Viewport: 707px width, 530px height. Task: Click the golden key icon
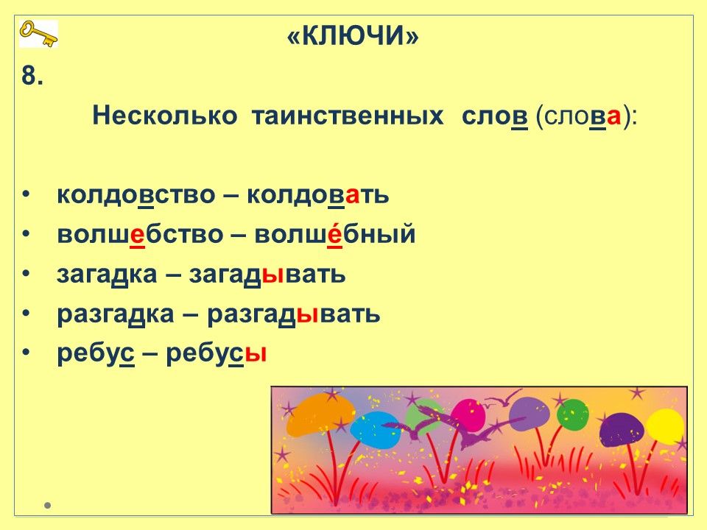click(38, 35)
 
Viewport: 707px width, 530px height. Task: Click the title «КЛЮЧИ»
click(353, 35)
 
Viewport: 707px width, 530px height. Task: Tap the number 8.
click(32, 75)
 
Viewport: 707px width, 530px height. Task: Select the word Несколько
click(164, 115)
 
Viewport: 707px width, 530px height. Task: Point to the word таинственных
click(347, 116)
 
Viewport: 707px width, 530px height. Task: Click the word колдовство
click(136, 194)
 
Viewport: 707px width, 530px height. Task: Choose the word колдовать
click(317, 194)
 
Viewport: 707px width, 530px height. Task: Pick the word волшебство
click(140, 234)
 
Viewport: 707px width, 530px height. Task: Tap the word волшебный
click(334, 233)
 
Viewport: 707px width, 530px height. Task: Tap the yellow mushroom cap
click(665, 426)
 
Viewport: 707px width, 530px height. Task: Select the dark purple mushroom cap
click(622, 430)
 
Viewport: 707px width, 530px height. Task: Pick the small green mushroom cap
click(573, 414)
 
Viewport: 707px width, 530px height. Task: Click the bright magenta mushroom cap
click(468, 415)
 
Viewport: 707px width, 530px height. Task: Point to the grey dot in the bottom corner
click(47, 505)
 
